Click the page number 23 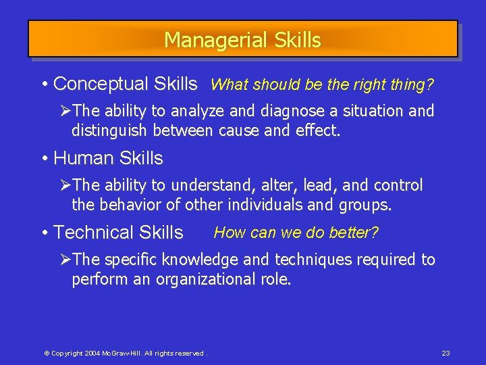446,354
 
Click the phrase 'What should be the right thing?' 322,85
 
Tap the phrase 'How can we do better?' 296,233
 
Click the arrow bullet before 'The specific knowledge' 65,260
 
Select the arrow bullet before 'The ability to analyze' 65,111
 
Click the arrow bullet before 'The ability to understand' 65,185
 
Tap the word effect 317,130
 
